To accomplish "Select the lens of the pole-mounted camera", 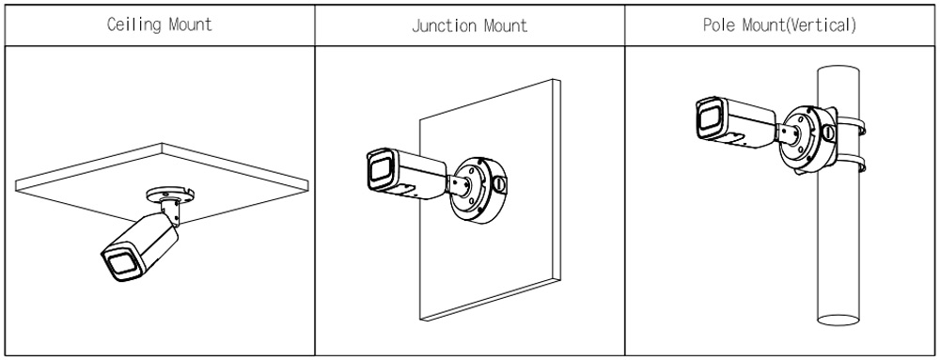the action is (x=709, y=119).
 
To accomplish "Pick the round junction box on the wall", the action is (x=478, y=189).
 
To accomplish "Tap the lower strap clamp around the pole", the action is (x=850, y=163).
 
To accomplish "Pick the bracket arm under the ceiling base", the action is (x=171, y=212).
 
